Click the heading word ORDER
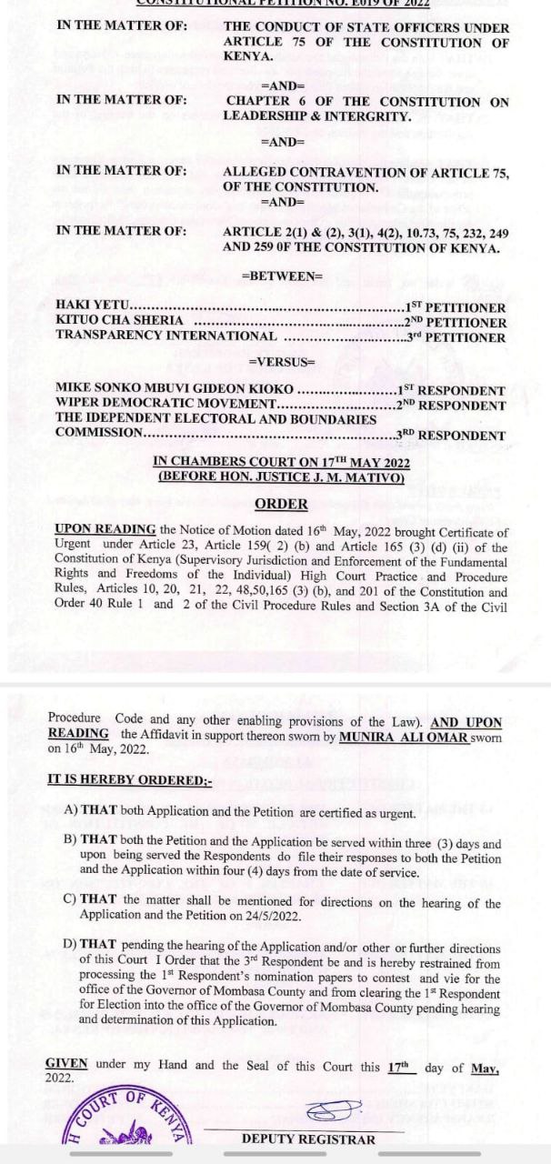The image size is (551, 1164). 281,503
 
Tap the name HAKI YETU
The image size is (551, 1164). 94,307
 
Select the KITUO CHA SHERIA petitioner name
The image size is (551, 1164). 119,322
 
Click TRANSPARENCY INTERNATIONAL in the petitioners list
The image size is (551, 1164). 166,336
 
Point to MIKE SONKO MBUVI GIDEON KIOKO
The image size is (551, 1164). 175,390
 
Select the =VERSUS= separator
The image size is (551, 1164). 281,362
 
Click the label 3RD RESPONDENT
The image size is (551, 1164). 451,436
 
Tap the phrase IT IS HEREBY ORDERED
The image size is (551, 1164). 128,779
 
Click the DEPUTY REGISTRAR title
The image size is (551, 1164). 307,1139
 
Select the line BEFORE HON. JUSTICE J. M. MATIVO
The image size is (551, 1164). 281,477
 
